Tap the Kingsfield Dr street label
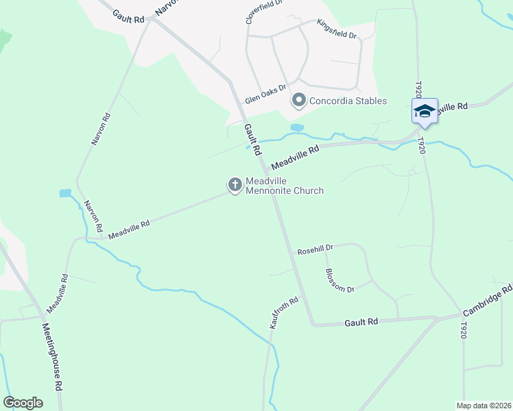[337, 29]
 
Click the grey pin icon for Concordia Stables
[298, 101]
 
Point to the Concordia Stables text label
[348, 101]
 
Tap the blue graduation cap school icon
[425, 112]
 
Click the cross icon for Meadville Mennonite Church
[235, 184]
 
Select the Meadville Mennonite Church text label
[284, 186]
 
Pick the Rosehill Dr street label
[315, 250]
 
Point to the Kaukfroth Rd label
[285, 312]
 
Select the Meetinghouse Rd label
[53, 366]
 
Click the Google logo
[23, 403]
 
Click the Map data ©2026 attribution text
[484, 406]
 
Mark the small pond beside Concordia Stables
[297, 127]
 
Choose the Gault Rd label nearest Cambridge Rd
[361, 322]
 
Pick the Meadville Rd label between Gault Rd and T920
[296, 158]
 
